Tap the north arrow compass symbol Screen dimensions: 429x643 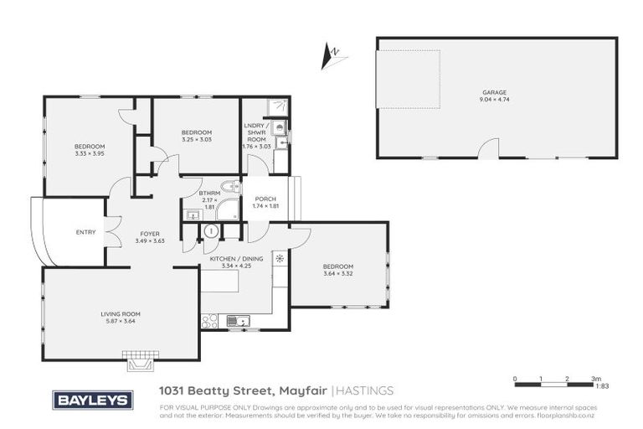pos(332,57)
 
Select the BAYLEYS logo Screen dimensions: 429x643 pos(93,400)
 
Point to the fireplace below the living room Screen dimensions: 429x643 pos(140,361)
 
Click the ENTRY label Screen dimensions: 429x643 pos(85,232)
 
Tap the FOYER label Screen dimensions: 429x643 pos(151,234)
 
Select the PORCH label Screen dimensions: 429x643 pos(265,199)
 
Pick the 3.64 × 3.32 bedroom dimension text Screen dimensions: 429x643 pos(338,273)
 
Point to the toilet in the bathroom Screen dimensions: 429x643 pos(229,187)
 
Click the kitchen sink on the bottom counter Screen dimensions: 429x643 pos(240,319)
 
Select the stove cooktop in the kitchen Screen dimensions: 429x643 pos(210,319)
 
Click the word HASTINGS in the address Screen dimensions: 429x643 pos(366,390)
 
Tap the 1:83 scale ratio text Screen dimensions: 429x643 pos(600,386)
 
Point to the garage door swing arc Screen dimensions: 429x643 pos(488,147)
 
